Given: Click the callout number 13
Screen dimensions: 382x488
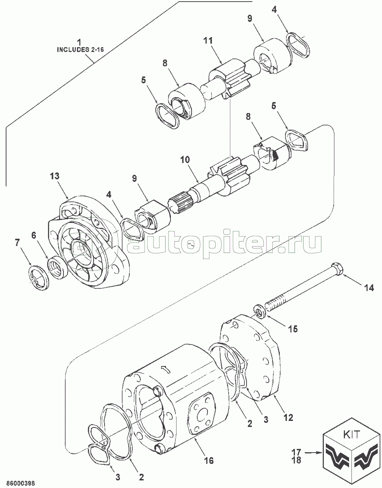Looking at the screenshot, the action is point(55,176).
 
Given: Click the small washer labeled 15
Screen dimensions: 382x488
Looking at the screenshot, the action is point(260,312).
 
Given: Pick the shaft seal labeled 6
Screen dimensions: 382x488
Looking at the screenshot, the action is point(57,268).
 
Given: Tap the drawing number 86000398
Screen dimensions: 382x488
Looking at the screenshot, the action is point(21,482).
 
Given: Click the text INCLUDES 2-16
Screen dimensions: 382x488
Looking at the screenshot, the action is point(81,50).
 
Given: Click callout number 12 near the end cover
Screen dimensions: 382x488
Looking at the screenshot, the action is point(288,418).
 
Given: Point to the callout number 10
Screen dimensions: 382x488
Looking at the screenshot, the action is point(185,160).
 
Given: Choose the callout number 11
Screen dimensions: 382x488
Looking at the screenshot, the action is point(208,41).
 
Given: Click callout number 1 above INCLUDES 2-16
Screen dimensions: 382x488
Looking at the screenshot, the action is point(79,42).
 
